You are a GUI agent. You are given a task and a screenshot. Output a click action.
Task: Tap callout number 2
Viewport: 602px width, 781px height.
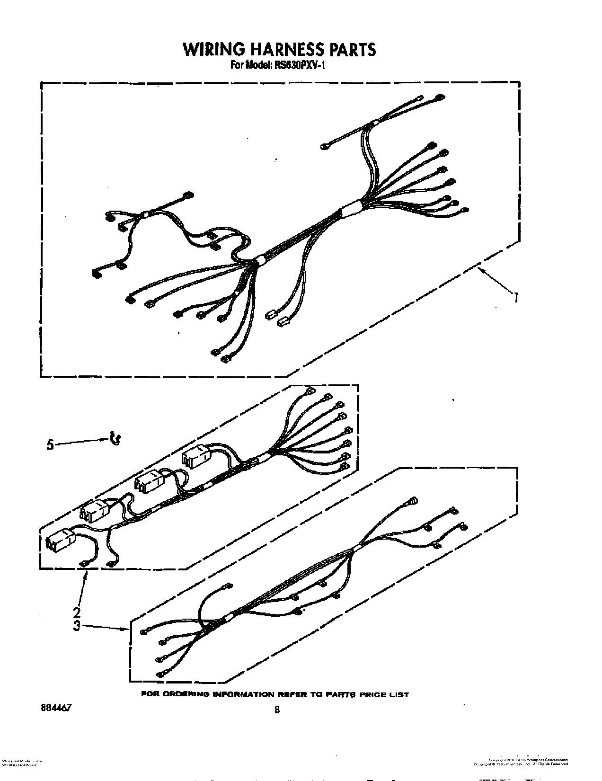[x=77, y=612]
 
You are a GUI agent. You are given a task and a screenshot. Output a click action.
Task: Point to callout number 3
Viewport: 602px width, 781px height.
[x=77, y=626]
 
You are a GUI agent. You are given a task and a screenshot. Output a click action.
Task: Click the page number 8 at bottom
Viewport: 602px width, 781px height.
[x=277, y=709]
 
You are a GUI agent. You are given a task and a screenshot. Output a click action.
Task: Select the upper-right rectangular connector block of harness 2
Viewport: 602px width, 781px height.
[x=196, y=458]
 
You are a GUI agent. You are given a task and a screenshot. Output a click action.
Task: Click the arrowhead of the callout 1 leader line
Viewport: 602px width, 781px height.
[x=479, y=269]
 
